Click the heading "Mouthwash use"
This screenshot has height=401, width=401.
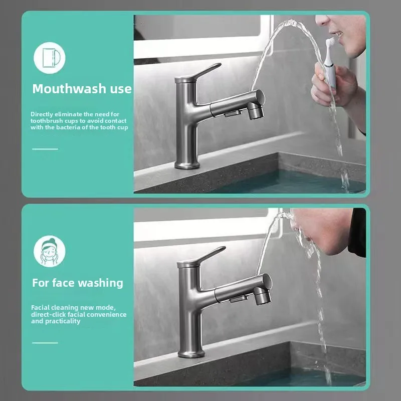coord(82,89)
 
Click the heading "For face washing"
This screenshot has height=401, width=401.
coord(77,283)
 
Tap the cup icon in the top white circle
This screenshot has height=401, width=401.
coord(50,57)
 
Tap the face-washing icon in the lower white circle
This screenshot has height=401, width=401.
coord(50,251)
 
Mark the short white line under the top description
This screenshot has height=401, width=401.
coord(45,149)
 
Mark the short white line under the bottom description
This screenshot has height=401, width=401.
coord(45,343)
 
